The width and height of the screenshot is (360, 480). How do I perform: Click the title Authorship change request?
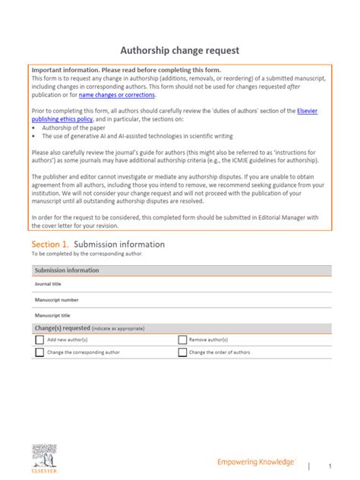[180, 51]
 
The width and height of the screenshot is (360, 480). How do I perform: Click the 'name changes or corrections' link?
[117, 96]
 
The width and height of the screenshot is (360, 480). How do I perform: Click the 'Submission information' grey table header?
[67, 270]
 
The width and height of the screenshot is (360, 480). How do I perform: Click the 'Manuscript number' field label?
[56, 299]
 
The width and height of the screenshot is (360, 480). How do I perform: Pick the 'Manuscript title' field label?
[52, 314]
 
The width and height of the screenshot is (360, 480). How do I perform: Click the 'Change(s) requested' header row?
[61, 327]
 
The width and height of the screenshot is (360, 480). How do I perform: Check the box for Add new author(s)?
[39, 340]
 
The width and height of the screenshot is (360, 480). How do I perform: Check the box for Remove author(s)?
[182, 340]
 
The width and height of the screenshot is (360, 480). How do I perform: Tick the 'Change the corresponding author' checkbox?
[39, 352]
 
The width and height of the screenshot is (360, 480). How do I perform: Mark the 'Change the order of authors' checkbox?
[182, 352]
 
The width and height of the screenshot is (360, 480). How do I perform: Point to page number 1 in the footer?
[330, 465]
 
